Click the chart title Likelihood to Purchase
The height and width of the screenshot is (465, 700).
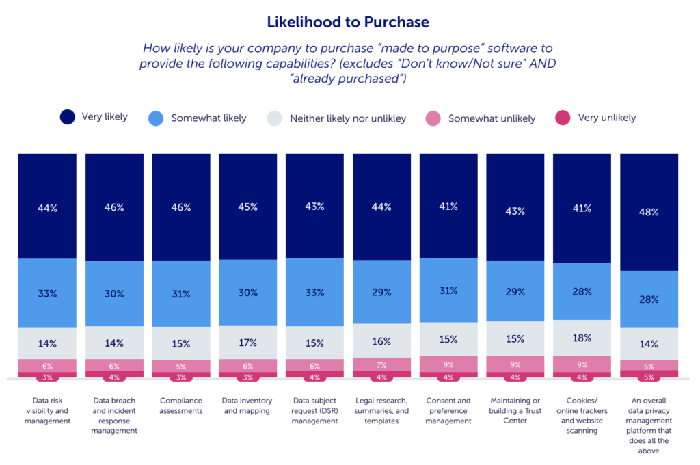coord(348,22)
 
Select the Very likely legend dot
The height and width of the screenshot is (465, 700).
coord(68,117)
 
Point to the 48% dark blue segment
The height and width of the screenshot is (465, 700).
coord(649,212)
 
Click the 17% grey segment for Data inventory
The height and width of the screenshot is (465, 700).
coord(248,343)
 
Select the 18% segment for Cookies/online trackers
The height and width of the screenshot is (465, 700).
coord(582,338)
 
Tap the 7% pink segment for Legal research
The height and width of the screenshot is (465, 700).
coord(381,364)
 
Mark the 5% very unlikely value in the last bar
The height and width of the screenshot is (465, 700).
coord(649,376)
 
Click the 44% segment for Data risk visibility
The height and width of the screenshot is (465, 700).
coord(47,208)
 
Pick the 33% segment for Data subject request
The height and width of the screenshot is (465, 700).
coord(314,293)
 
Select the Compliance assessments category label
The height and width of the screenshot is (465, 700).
coord(180,406)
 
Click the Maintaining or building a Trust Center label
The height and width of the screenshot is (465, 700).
coord(515,411)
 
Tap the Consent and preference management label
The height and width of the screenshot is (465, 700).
coord(448,411)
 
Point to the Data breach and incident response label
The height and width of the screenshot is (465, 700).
coord(114,416)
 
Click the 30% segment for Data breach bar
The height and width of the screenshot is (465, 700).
coord(114,294)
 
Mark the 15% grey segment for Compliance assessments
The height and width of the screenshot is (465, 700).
coord(181,343)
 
